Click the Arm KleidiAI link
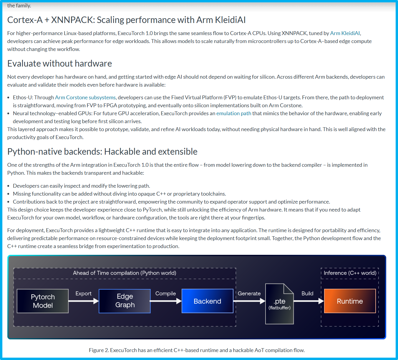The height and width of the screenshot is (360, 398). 345,33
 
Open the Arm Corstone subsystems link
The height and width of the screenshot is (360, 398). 85,98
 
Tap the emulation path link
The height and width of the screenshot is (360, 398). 233,113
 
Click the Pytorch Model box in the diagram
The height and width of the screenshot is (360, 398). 43,301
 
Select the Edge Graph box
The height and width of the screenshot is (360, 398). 125,301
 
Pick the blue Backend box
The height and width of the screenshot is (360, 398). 208,301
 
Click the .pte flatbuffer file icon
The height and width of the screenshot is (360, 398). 279,304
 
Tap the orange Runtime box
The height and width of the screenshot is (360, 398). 350,301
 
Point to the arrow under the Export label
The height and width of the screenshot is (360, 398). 84,301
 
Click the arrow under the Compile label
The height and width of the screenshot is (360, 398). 166,301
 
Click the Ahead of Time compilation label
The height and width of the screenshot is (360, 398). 125,273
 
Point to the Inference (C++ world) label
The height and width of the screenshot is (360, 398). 350,273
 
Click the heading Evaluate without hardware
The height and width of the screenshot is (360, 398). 59,64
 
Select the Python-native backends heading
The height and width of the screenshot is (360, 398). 102,152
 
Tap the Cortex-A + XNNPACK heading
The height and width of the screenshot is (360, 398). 126,20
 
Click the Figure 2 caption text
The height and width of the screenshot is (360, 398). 197,350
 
